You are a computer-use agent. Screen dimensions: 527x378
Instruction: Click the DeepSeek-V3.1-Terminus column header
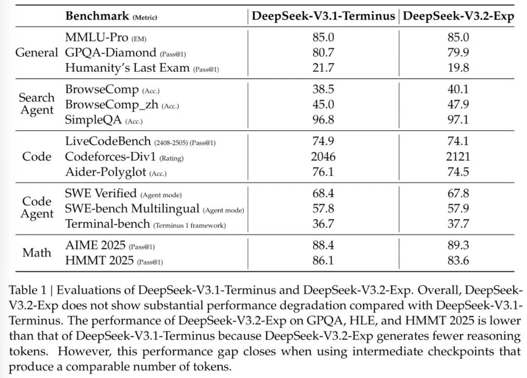tap(324, 16)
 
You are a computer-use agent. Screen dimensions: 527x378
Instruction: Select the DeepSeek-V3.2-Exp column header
tap(458, 16)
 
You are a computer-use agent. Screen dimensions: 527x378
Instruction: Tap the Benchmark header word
tap(97, 16)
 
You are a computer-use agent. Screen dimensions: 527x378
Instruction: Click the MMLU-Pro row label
tap(97, 37)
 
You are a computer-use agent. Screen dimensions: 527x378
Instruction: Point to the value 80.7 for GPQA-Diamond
tap(324, 52)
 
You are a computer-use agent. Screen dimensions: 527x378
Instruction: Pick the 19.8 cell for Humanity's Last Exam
tap(458, 67)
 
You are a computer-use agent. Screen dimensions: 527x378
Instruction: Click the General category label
tap(37, 52)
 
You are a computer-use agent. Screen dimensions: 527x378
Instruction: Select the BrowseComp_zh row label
tap(112, 104)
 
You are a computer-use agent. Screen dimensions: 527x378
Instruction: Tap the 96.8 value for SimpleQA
tap(324, 119)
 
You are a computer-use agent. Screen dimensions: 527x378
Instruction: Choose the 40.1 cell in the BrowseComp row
tap(458, 89)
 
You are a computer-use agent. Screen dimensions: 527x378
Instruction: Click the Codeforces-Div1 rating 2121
tap(458, 157)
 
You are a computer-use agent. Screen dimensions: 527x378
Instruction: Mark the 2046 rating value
tap(324, 157)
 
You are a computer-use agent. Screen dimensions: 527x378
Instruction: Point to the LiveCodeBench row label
tap(108, 141)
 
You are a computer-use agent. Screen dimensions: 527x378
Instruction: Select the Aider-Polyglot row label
tap(106, 172)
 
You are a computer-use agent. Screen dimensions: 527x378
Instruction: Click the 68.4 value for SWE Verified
tap(324, 193)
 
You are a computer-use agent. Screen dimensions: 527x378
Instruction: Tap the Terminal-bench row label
tap(107, 224)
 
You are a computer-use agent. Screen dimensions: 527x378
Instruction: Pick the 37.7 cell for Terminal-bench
tap(458, 224)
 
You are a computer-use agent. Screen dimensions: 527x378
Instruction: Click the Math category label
tap(37, 253)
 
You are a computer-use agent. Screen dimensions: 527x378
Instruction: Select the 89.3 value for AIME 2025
tap(458, 245)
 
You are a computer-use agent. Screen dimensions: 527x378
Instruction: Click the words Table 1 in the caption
tap(27, 290)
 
